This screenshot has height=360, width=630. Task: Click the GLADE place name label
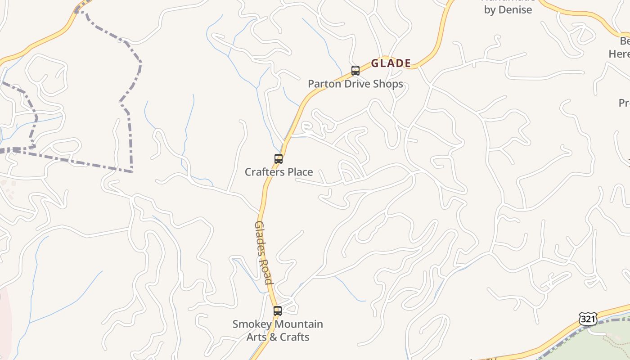(391, 63)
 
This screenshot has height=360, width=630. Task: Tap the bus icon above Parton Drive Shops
(355, 71)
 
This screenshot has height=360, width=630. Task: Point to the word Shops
(388, 84)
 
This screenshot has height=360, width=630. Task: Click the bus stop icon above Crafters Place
(279, 159)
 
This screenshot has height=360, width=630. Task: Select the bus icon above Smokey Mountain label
(278, 310)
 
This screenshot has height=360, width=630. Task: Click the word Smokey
(252, 324)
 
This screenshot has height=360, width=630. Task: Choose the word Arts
(257, 337)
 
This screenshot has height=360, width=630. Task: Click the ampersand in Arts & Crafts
(273, 337)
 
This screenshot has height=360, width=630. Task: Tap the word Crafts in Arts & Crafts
(294, 337)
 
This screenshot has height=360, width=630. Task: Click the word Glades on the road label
(260, 238)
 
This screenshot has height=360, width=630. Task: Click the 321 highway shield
(588, 319)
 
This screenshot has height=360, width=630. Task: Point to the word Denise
(515, 10)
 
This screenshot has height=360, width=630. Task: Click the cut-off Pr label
(624, 103)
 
